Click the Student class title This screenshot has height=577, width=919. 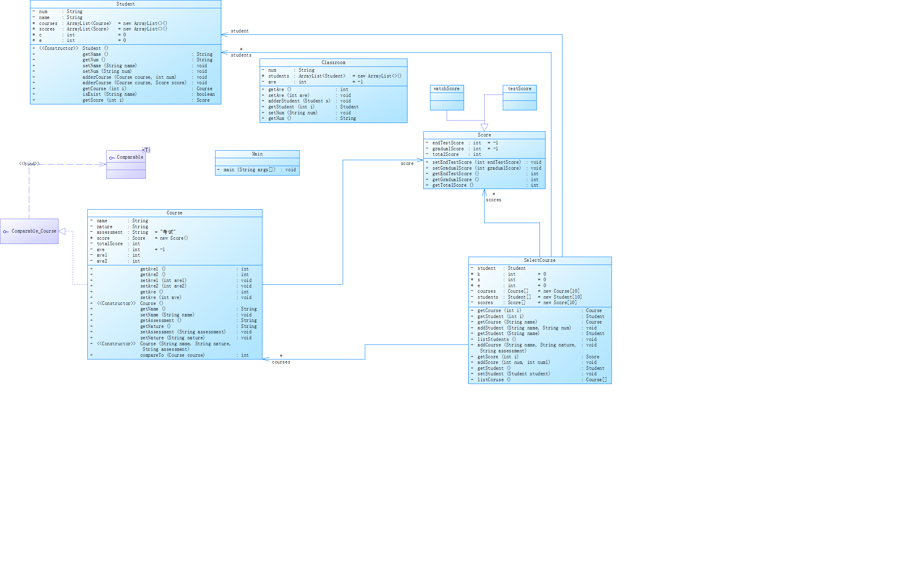tap(125, 4)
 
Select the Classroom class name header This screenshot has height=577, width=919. tap(333, 62)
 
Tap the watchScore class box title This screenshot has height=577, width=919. tap(446, 89)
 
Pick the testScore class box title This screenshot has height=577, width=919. tap(519, 89)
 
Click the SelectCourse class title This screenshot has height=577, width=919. tap(540, 260)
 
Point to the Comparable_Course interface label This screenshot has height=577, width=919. tap(34, 231)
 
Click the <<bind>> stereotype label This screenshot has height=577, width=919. tap(29, 164)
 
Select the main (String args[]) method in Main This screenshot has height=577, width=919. tap(249, 170)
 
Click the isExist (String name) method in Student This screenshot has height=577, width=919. tap(109, 94)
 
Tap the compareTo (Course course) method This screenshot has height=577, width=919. tap(172, 355)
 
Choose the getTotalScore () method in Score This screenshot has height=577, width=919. tap(453, 185)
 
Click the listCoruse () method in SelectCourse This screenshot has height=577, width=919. tap(494, 380)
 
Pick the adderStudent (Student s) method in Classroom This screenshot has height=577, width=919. tap(299, 101)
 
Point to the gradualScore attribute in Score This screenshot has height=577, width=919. tap(448, 149)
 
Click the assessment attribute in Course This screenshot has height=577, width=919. tap(109, 232)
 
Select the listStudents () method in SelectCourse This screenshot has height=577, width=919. tap(496, 339)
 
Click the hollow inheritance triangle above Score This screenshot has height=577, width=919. tap(484, 127)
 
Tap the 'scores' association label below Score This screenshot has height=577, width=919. tap(493, 200)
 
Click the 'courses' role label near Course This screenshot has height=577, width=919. tap(281, 362)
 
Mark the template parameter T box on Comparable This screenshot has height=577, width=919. tap(146, 150)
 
